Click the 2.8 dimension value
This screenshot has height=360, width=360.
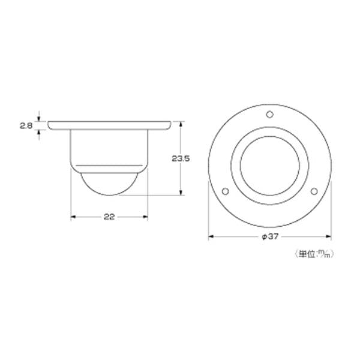click(26, 125)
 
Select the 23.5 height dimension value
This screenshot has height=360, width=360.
click(181, 158)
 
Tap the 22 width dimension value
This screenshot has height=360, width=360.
click(109, 217)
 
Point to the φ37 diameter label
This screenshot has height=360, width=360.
click(270, 236)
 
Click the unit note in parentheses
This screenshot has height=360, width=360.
click(314, 254)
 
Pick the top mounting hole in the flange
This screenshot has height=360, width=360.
click(270, 114)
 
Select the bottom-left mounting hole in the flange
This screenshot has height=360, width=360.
click(226, 191)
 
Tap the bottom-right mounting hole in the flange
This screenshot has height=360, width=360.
click(314, 191)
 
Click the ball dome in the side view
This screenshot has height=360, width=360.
click(109, 184)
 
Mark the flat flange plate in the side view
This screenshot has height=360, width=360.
click(109, 125)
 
